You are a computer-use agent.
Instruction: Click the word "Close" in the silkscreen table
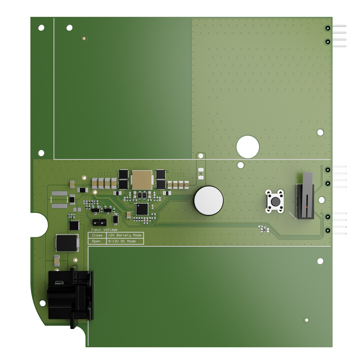point(97,235)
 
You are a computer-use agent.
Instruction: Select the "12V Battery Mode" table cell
point(125,235)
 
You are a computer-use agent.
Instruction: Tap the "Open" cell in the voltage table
point(96,241)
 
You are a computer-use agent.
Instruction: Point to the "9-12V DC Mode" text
point(122,241)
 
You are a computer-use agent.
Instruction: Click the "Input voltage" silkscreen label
point(104,230)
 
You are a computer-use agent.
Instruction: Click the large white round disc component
point(208,201)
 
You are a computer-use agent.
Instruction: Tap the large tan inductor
point(142,180)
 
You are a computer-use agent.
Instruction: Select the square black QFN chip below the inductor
point(142,209)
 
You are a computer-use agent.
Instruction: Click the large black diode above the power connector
point(68,243)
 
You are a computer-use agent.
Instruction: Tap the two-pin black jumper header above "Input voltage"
point(99,221)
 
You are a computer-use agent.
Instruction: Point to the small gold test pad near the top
point(84,39)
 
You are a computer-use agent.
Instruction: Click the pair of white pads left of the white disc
point(201,174)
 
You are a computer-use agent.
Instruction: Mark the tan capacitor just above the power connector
point(57,261)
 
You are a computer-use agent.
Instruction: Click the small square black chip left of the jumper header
point(74,226)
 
